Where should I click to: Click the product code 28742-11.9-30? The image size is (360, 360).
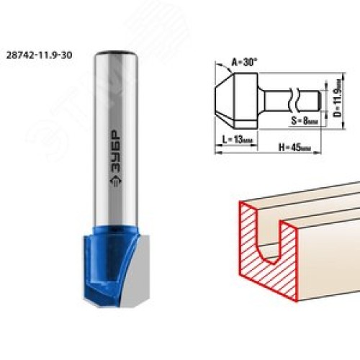(x=39, y=55)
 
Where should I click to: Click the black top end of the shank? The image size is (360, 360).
(x=116, y=53)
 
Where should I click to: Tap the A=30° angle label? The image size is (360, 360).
(x=244, y=63)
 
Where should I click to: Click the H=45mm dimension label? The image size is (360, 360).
(x=294, y=147)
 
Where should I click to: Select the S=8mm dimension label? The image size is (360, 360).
(x=305, y=121)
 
